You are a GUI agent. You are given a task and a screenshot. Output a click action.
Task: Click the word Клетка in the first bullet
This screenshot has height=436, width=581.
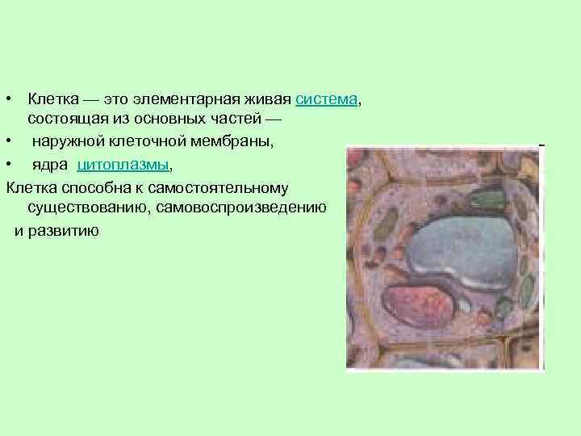point(49,100)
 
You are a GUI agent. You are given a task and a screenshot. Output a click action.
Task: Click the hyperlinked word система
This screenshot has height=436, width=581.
point(326,100)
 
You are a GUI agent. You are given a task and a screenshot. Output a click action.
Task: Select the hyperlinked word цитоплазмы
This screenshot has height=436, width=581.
point(123,165)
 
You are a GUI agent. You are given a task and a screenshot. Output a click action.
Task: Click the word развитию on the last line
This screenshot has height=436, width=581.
point(68,230)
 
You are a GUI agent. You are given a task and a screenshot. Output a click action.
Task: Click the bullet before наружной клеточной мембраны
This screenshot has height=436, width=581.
point(7,142)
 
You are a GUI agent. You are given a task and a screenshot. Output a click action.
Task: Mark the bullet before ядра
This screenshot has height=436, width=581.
point(7,165)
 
